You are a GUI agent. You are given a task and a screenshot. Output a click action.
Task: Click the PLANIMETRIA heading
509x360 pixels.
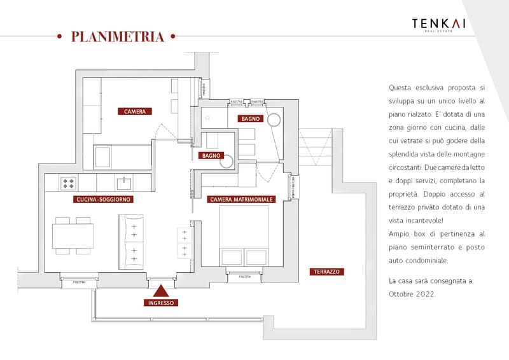pyautogui.click(x=118, y=36)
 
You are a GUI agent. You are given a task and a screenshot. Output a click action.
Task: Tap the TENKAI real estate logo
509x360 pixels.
pyautogui.click(x=438, y=25)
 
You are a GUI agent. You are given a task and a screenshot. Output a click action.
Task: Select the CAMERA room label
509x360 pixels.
pyautogui.click(x=135, y=111)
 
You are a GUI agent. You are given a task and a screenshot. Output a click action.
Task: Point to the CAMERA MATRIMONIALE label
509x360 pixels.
pyautogui.click(x=241, y=199)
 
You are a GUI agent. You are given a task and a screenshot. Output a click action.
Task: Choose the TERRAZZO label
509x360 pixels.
pyautogui.click(x=327, y=272)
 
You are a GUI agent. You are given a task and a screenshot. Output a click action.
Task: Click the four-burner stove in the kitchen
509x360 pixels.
pyautogui.click(x=69, y=184)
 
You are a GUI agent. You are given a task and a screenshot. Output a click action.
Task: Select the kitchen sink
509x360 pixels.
pyautogui.click(x=124, y=184)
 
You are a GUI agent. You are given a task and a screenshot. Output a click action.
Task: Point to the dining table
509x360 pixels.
pyautogui.click(x=73, y=235)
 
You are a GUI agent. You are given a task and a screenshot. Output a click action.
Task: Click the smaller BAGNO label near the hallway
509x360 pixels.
pyautogui.click(x=210, y=155)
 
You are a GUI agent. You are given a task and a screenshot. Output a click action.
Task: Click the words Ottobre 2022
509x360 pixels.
pyautogui.click(x=412, y=294)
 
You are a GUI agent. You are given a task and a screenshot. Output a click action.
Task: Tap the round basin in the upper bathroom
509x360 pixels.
pyautogui.click(x=275, y=119)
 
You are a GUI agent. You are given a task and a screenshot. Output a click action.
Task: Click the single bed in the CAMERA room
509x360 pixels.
pyautogui.click(x=122, y=156)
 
